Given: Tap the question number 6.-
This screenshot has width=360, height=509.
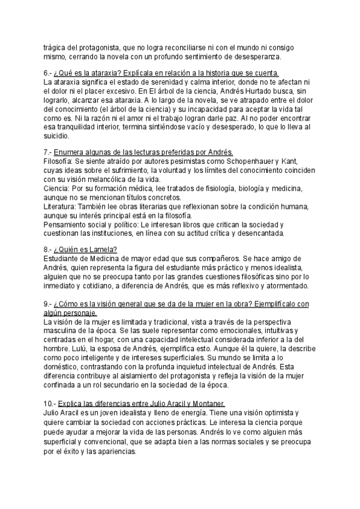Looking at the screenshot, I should point(50,73).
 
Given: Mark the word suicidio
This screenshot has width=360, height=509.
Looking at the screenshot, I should point(58,136).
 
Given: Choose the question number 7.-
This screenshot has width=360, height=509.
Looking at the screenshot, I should point(50,152).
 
